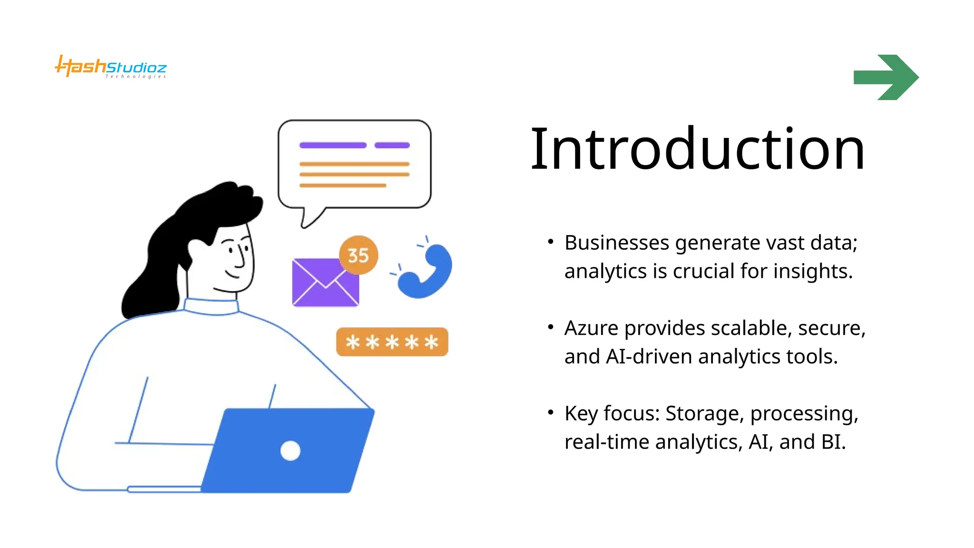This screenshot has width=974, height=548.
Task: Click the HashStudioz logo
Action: click(x=110, y=67)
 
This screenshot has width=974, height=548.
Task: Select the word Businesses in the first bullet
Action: click(x=616, y=243)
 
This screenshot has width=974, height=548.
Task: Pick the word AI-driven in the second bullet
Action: click(x=648, y=356)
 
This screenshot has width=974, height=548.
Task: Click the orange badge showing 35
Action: click(x=358, y=255)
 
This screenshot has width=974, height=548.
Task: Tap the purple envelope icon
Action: click(x=325, y=283)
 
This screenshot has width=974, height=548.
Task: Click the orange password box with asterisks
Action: click(x=392, y=342)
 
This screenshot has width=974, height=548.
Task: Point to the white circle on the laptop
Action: click(x=290, y=450)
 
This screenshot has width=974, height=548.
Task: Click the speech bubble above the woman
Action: click(x=354, y=164)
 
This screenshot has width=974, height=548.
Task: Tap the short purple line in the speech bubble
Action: click(x=392, y=145)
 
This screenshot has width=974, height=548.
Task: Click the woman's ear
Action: click(x=196, y=248)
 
